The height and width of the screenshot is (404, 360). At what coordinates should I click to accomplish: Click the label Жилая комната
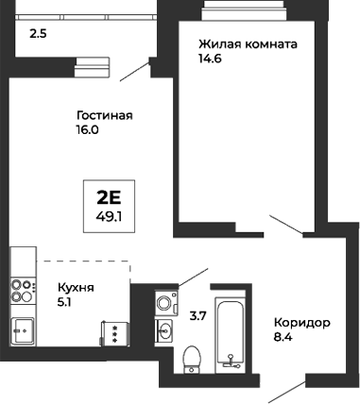(248, 44)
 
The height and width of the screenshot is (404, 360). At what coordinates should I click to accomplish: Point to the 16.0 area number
(88, 130)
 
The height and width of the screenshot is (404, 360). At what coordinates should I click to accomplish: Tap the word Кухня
(77, 287)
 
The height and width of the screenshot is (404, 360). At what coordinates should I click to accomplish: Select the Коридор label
(301, 322)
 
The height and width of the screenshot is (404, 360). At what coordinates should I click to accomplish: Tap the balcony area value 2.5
(38, 34)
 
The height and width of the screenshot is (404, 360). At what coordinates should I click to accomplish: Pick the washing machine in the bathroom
(165, 303)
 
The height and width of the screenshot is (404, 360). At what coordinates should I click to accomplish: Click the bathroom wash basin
(165, 329)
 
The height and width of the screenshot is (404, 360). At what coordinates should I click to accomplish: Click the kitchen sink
(22, 330)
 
